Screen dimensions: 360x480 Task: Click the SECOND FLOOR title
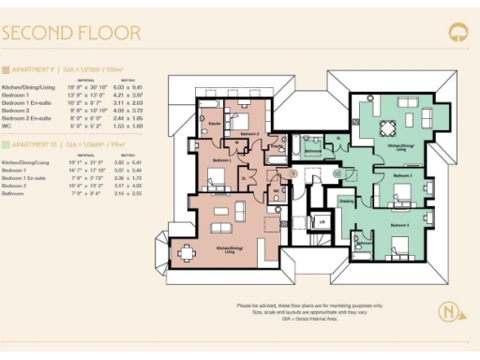click(71, 34)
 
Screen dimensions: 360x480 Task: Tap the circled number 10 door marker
click(335, 173)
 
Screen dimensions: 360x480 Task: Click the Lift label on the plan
click(322, 221)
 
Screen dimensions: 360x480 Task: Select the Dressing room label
click(347, 201)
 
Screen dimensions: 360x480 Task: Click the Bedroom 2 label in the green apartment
click(402, 176)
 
